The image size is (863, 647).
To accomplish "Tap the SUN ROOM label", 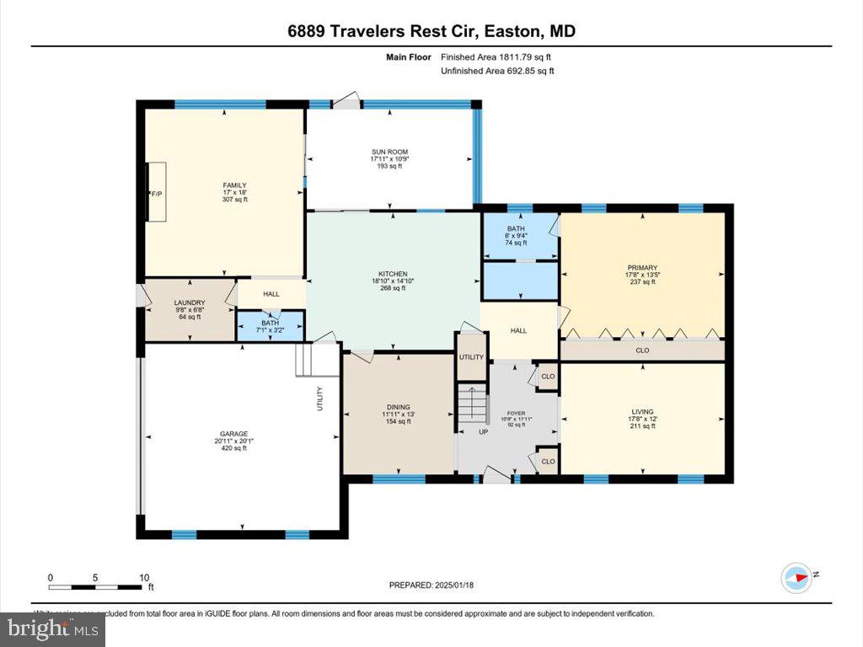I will (389, 152).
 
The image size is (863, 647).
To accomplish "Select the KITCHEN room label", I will (393, 274).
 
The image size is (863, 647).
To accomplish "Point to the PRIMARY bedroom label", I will (642, 268).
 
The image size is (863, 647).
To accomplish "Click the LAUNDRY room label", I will (190, 302).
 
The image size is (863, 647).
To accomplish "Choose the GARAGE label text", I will (234, 434).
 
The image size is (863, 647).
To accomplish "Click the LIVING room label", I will (642, 412).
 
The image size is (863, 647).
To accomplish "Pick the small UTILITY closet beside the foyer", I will (471, 358).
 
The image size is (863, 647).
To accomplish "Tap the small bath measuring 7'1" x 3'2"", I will (270, 325).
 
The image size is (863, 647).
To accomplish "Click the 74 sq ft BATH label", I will (516, 228).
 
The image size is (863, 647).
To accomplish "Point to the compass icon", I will (796, 576).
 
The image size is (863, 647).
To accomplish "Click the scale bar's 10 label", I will (144, 577).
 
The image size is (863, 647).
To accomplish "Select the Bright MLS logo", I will (53, 628).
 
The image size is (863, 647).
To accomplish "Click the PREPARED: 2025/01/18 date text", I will (431, 585).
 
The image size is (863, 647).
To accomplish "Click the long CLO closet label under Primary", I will (642, 350).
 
